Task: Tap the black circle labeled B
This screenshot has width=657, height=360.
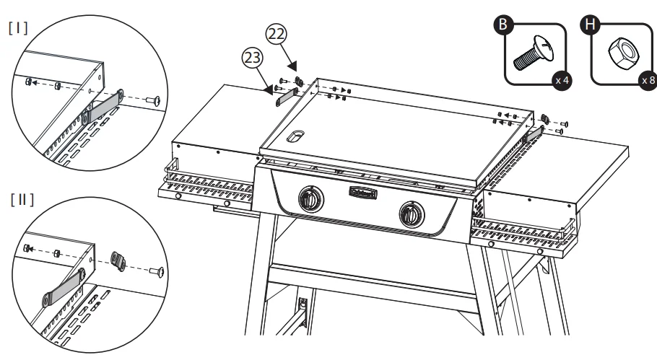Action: click(x=504, y=27)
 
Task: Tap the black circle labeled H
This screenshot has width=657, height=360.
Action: click(x=591, y=27)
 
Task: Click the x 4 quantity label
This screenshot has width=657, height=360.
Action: click(x=561, y=81)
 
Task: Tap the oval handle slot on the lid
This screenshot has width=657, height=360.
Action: click(x=297, y=136)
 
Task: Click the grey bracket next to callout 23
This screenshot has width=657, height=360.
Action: click(x=287, y=95)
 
